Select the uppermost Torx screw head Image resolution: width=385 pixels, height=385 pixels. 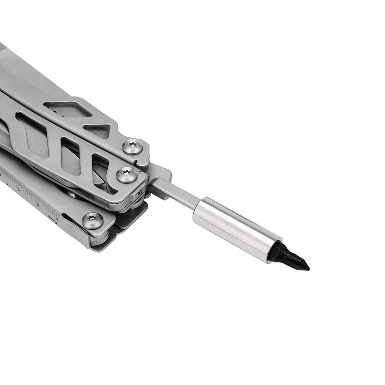pyautogui.click(x=133, y=147)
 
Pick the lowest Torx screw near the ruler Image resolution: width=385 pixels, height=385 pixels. pyautogui.click(x=93, y=221)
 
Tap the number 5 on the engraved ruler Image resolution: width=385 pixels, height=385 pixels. pyautogui.click(x=19, y=189)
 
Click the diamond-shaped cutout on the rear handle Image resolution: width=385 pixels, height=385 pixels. pyautogui.click(x=68, y=109)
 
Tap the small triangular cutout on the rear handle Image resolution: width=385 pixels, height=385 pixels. pyautogui.click(x=97, y=130)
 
